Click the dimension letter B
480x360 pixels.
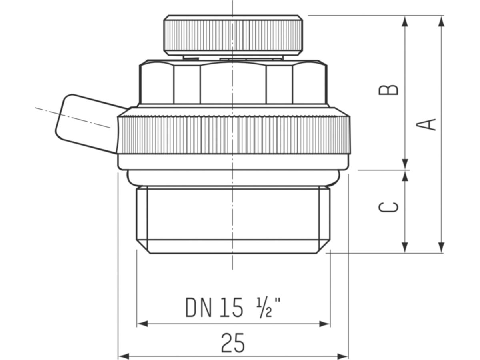tap(388, 90)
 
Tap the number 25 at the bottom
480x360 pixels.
tap(233, 343)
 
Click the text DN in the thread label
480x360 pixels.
tap(199, 308)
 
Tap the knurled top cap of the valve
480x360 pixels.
tap(233, 35)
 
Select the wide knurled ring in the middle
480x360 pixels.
tap(234, 134)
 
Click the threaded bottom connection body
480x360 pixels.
tap(233, 218)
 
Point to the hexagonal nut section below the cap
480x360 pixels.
tap(233, 83)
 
